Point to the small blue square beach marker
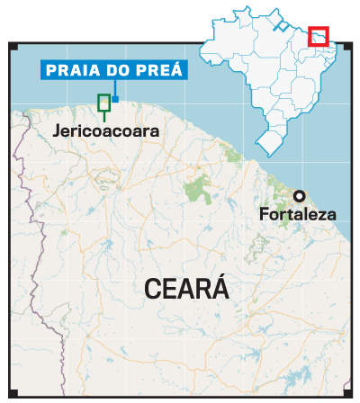pyautogui.click(x=115, y=98)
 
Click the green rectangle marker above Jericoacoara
pyautogui.click(x=104, y=102)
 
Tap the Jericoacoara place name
pyautogui.click(x=106, y=131)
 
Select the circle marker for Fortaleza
pyautogui.click(x=298, y=195)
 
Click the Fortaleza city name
pyautogui.click(x=297, y=215)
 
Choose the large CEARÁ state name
pyautogui.click(x=186, y=290)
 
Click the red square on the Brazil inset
pyautogui.click(x=319, y=37)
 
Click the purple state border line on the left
pyautogui.click(x=34, y=297)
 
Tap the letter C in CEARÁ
pyautogui.click(x=153, y=290)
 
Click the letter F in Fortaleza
pyautogui.click(x=263, y=215)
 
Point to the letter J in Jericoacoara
pyautogui.click(x=57, y=131)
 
